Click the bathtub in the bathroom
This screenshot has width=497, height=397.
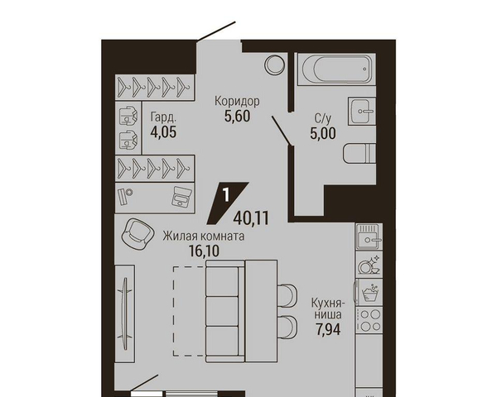click(336, 69)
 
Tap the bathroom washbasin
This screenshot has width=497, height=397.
click(362, 111)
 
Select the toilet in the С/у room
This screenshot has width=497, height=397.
click(359, 154)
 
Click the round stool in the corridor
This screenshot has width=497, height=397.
click(274, 65)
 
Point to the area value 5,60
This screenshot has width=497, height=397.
click(238, 116)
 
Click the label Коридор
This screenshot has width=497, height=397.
click(237, 101)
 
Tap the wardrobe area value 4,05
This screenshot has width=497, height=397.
click(163, 132)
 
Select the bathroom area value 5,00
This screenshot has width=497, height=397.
click(323, 133)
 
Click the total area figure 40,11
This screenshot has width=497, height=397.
click(251, 218)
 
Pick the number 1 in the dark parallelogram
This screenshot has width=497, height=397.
click(226, 195)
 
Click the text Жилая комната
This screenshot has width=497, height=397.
click(204, 237)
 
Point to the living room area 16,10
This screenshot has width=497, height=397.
click(204, 251)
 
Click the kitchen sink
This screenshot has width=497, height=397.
click(369, 237)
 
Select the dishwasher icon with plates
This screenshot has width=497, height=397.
click(369, 265)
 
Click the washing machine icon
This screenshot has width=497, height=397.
click(369, 293)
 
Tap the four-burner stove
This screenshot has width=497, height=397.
click(369, 320)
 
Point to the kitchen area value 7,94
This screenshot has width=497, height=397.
click(328, 329)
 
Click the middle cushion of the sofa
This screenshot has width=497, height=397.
click(222, 312)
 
